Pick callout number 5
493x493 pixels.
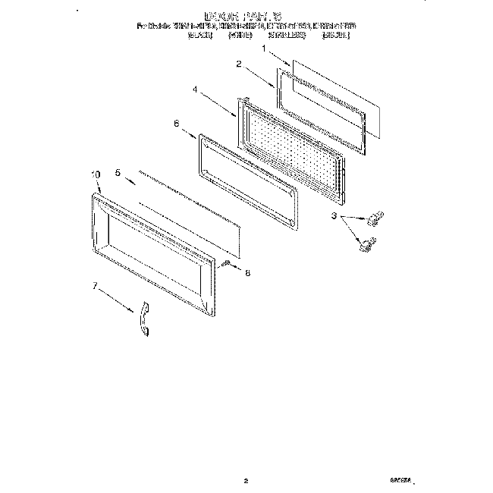119,173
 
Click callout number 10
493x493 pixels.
96,174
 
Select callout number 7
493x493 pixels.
96,287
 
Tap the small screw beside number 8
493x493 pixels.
226,262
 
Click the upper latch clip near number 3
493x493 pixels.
372,220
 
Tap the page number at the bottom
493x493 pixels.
246,459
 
